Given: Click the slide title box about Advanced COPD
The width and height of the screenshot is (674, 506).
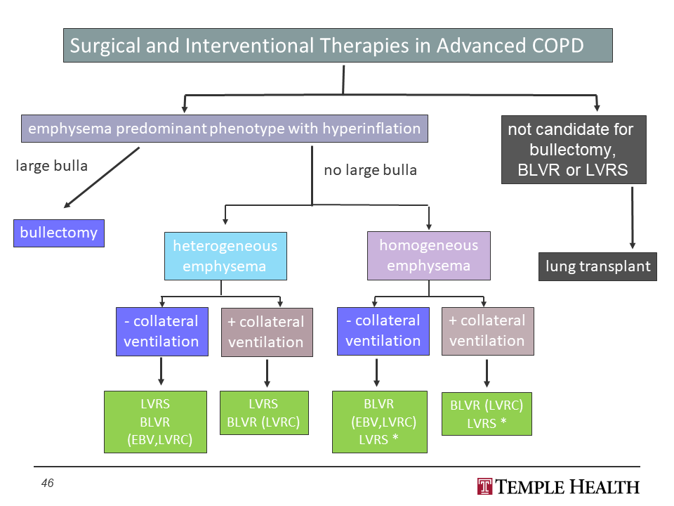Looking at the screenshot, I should click(x=338, y=46).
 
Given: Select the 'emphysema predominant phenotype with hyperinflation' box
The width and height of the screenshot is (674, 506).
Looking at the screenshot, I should click(x=224, y=129).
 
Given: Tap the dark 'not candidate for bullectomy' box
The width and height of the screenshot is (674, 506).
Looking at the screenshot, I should click(x=574, y=150).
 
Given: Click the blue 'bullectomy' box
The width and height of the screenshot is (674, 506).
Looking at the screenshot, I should click(x=59, y=233).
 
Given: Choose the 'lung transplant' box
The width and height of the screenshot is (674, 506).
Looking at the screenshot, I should click(x=597, y=266).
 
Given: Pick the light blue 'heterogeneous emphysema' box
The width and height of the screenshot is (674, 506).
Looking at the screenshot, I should click(x=225, y=256).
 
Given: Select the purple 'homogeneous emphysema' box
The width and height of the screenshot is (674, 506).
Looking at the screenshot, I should click(x=428, y=255).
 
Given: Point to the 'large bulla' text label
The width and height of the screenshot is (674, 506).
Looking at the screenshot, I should click(x=52, y=166).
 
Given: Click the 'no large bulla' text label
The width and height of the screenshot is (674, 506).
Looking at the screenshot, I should click(x=370, y=170).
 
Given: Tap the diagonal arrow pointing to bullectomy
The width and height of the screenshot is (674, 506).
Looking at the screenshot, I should click(x=102, y=178).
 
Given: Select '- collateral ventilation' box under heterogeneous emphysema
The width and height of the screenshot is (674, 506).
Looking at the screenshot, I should click(x=161, y=331).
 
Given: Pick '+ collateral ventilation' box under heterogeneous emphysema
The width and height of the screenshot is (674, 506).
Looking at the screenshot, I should click(x=266, y=332).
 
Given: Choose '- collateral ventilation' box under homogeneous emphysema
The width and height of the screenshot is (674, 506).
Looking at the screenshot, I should click(x=383, y=330).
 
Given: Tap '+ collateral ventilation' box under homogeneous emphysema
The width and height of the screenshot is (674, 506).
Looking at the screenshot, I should click(x=487, y=330).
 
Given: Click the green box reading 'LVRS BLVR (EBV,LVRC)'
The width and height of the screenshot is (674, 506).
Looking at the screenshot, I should click(x=155, y=422).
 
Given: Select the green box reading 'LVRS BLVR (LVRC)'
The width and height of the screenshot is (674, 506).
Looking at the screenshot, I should click(x=264, y=413).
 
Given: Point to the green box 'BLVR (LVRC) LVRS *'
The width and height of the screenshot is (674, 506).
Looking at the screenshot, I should click(x=487, y=413).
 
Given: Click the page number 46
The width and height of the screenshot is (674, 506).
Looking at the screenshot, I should click(x=47, y=483).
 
